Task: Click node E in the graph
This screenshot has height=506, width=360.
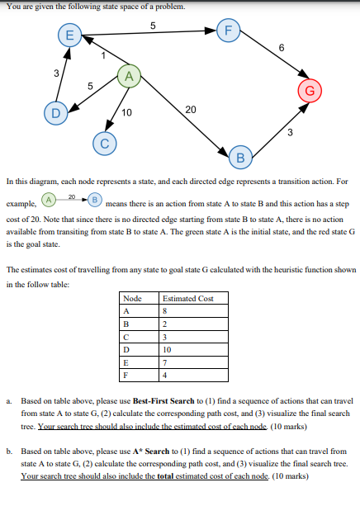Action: [69, 35]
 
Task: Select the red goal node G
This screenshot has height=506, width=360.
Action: [310, 89]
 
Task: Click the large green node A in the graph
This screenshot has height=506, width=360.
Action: [128, 77]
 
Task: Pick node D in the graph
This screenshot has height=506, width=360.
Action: [55, 112]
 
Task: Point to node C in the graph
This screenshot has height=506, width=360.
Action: [106, 142]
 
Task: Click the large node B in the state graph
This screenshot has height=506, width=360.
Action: [241, 157]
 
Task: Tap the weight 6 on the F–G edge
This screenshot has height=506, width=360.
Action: [282, 48]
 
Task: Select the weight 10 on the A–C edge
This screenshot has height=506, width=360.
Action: [126, 112]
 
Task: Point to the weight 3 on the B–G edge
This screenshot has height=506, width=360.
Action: [289, 132]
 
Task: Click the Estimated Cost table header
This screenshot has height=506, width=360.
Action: [188, 298]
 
